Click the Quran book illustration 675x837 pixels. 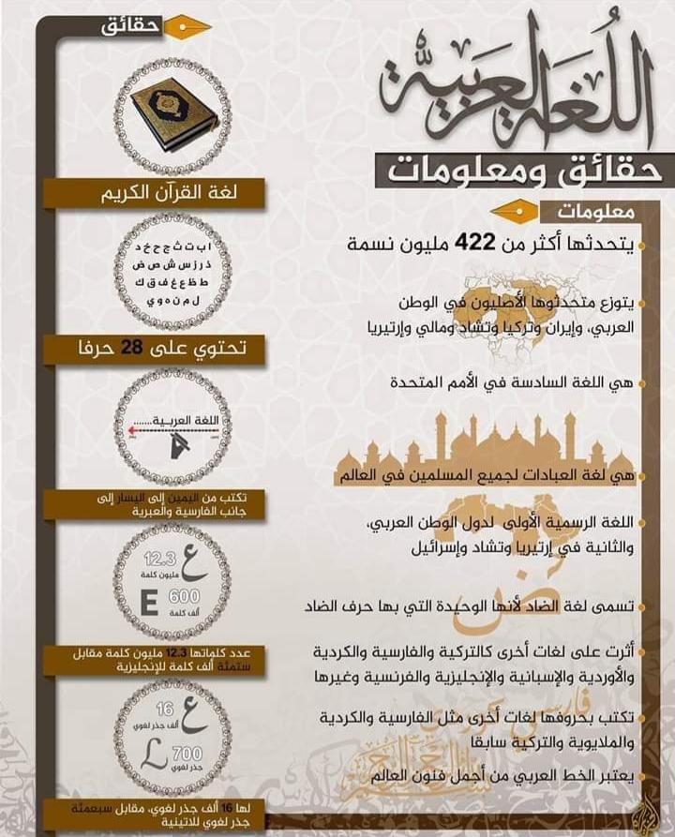[172, 114]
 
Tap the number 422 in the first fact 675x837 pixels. [474, 244]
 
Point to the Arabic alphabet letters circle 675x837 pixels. [172, 273]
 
